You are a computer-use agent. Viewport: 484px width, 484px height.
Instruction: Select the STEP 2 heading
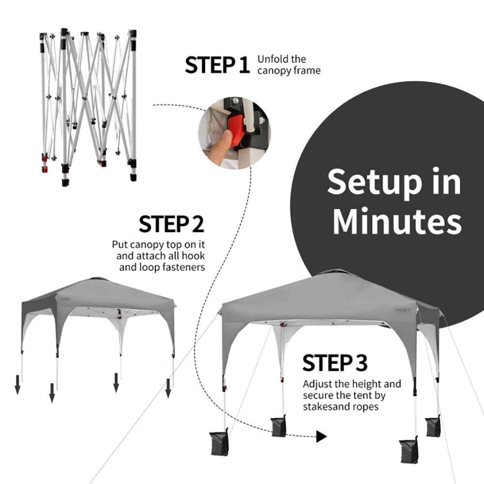point(171,225)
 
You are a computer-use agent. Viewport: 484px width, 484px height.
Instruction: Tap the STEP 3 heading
point(335,363)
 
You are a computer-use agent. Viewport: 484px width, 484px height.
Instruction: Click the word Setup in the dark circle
point(394,182)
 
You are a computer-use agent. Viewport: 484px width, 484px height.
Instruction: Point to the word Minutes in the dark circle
point(397,221)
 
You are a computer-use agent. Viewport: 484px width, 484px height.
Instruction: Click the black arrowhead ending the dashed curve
point(321,437)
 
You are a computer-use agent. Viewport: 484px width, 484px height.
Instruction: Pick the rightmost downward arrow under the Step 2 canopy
point(168,388)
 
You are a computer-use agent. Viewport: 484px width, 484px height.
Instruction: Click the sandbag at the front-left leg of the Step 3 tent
point(219,442)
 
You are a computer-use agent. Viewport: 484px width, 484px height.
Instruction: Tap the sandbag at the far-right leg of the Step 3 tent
point(433,426)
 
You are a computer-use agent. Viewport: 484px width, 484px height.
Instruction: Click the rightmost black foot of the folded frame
point(133,177)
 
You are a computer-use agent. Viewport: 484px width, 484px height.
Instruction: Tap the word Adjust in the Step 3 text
point(317,384)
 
